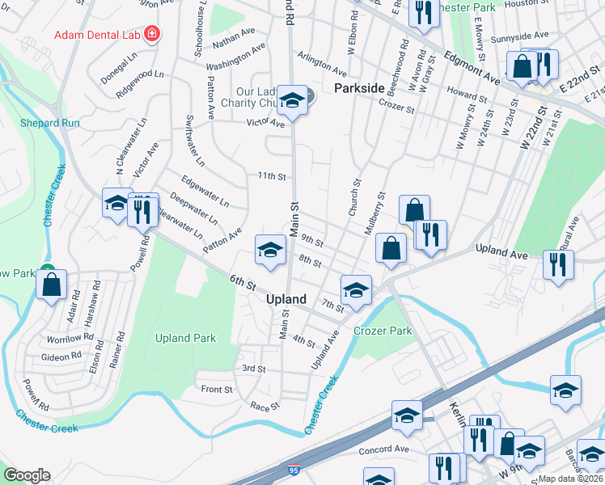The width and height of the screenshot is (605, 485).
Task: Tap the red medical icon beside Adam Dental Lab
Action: click(x=151, y=34)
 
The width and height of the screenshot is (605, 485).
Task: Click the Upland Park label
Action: click(x=186, y=338)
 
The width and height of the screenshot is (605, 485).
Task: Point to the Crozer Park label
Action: click(x=383, y=331)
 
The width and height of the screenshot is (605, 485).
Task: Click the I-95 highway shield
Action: click(x=292, y=470)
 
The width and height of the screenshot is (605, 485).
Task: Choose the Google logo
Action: click(x=27, y=475)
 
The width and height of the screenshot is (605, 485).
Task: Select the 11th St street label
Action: click(x=273, y=175)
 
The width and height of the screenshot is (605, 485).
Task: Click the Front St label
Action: click(x=217, y=390)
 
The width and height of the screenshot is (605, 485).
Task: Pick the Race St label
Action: click(x=264, y=406)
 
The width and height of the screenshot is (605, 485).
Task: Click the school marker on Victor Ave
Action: click(x=292, y=100)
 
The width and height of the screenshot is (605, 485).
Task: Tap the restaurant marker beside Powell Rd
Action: click(x=142, y=209)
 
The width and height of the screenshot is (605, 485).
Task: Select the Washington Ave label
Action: click(x=235, y=57)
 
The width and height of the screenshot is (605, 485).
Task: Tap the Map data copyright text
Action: click(x=571, y=479)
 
